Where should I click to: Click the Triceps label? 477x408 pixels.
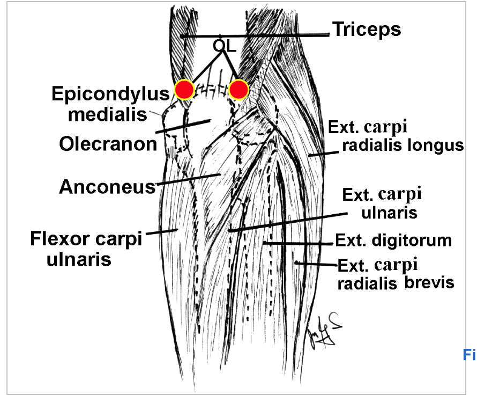pyautogui.click(x=367, y=29)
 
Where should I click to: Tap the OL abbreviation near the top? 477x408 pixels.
pyautogui.click(x=224, y=46)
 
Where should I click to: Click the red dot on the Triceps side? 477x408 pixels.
pyautogui.click(x=238, y=90)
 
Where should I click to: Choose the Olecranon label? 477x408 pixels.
pyautogui.click(x=108, y=144)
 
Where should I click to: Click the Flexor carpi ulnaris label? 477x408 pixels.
pyautogui.click(x=86, y=249)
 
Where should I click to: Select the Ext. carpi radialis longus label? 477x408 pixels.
pyautogui.click(x=395, y=136)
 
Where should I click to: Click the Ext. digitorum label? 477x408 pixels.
pyautogui.click(x=393, y=240)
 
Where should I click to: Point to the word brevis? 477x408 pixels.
pyautogui.click(x=429, y=282)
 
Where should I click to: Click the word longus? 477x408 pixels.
pyautogui.click(x=435, y=145)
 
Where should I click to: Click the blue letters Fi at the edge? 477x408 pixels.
pyautogui.click(x=468, y=354)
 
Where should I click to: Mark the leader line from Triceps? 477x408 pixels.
pyautogui.click(x=257, y=35)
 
